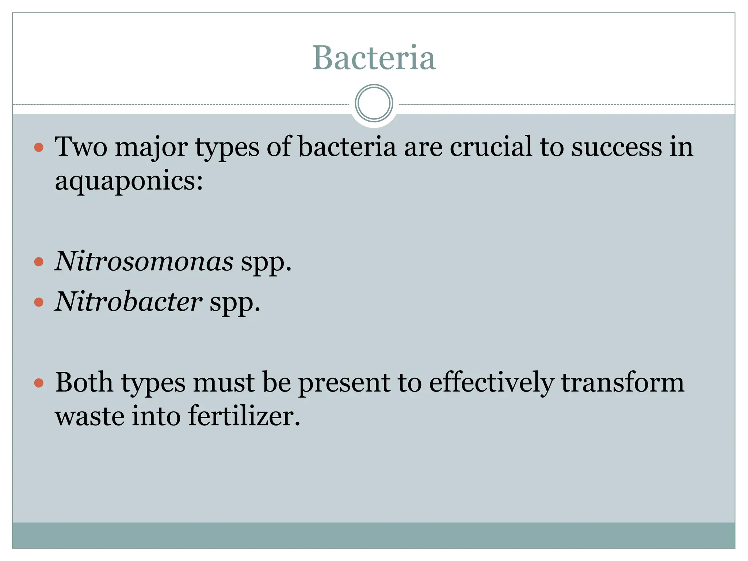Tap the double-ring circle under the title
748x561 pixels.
[x=374, y=103]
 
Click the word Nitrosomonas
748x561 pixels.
[x=144, y=262]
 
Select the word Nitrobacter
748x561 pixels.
[x=128, y=302]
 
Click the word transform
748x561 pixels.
[x=622, y=383]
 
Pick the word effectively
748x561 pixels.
[x=491, y=383]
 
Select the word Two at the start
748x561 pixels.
[x=81, y=147]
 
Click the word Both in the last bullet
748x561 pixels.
[x=84, y=383]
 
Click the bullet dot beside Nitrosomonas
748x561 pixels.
[x=39, y=262]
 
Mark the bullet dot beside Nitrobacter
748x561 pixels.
[x=39, y=302]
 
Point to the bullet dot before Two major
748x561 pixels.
[x=39, y=148]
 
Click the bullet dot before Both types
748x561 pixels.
[x=39, y=383]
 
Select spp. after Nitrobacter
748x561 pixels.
[x=235, y=303]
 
